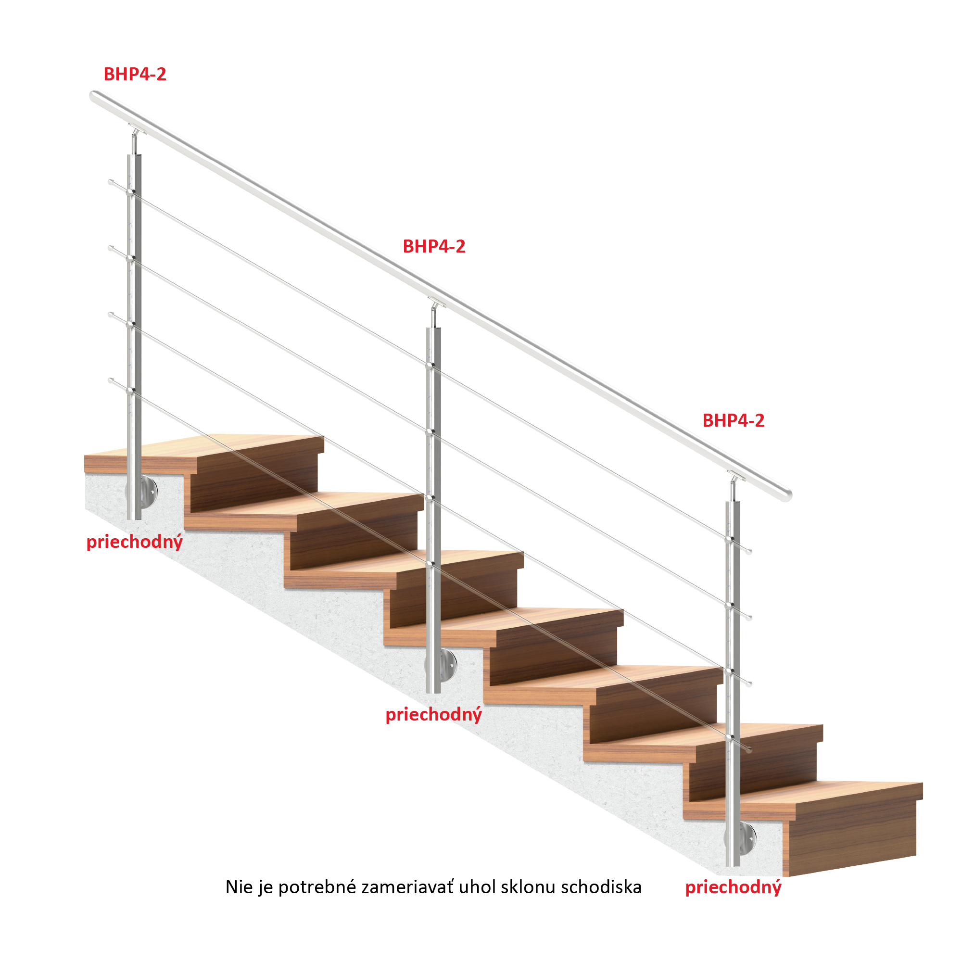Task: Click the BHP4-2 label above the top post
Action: tap(135, 74)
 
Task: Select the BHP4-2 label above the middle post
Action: tap(434, 246)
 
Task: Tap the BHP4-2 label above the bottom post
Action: tap(733, 421)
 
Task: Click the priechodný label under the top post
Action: tap(135, 542)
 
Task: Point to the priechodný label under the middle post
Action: tap(434, 715)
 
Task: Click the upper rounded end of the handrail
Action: tap(95, 96)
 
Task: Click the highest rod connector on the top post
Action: tap(130, 193)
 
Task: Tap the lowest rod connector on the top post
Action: tap(130, 392)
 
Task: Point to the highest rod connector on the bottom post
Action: tap(728, 540)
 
